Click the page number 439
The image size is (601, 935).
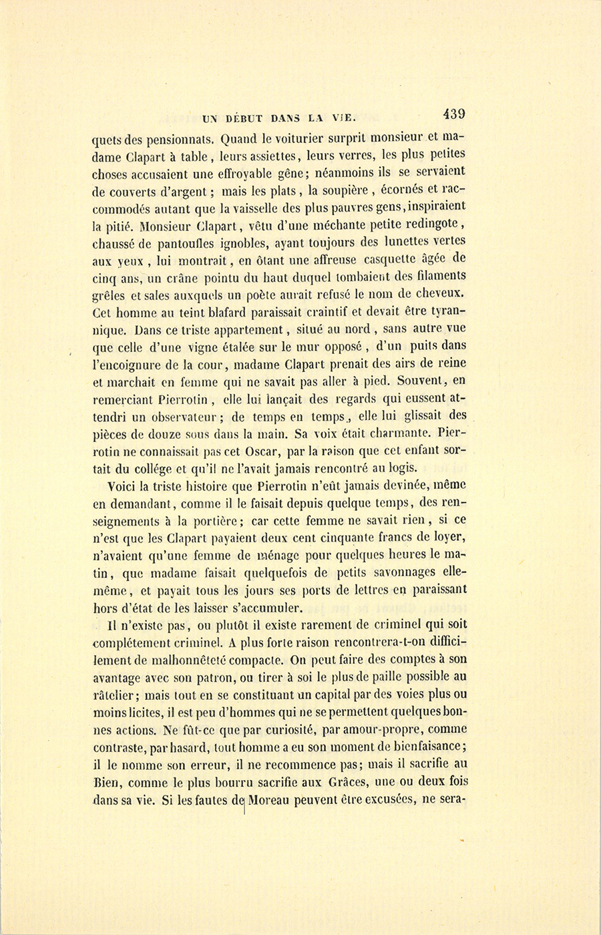coord(452,114)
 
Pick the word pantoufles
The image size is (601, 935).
coord(188,242)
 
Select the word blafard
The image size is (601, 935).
coord(219,311)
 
